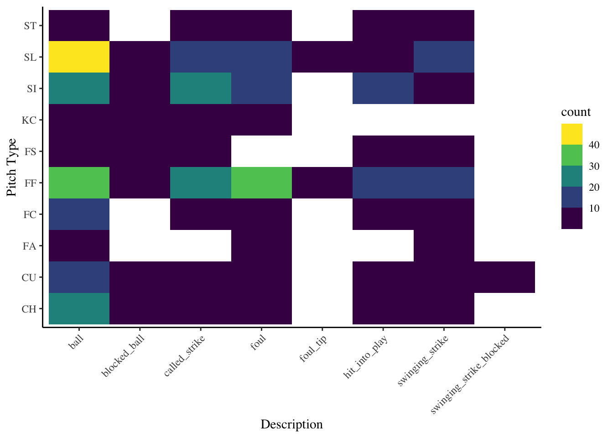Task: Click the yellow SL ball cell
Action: click(x=79, y=57)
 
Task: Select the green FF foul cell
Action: click(x=261, y=182)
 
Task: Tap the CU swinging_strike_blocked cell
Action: click(x=504, y=277)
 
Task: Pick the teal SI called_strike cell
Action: click(x=201, y=88)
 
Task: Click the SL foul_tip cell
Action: click(x=322, y=57)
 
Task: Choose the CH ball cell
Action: click(x=79, y=308)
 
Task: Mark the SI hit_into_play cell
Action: click(x=383, y=88)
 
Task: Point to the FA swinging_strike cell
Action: click(x=444, y=245)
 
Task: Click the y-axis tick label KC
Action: click(x=29, y=120)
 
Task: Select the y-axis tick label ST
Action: click(x=30, y=26)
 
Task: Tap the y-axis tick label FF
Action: click(x=30, y=183)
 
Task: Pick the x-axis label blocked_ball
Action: click(x=124, y=356)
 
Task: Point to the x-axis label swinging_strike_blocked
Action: click(x=470, y=374)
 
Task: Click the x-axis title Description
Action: click(x=291, y=425)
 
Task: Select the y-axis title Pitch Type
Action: click(x=12, y=167)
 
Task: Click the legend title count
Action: click(x=576, y=112)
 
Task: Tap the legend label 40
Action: click(x=594, y=145)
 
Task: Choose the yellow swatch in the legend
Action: click(x=572, y=134)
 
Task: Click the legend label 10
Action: click(x=594, y=208)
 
